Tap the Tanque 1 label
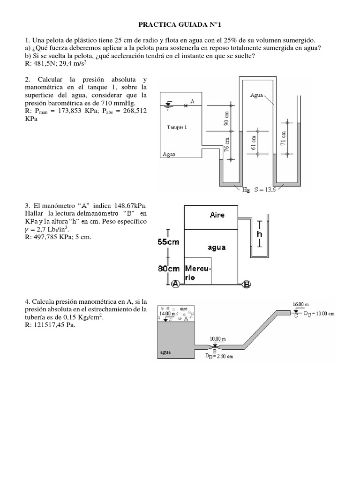pos(177,127)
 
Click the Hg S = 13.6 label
pos(259,190)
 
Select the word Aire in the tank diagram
pos(217,215)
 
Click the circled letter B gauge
pos(247,283)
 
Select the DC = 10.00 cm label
pos(319,313)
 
